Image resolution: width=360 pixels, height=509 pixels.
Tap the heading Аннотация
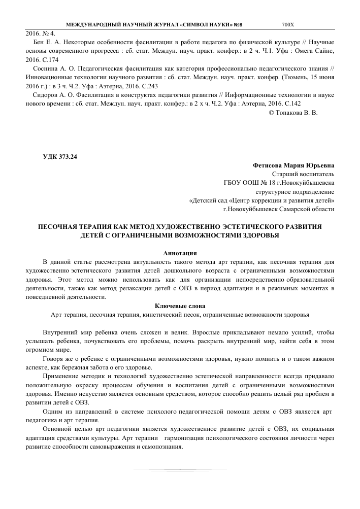(180, 253)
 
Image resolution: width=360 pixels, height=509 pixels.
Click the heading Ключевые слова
(180, 306)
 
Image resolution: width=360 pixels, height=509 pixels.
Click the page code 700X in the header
(291, 25)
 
